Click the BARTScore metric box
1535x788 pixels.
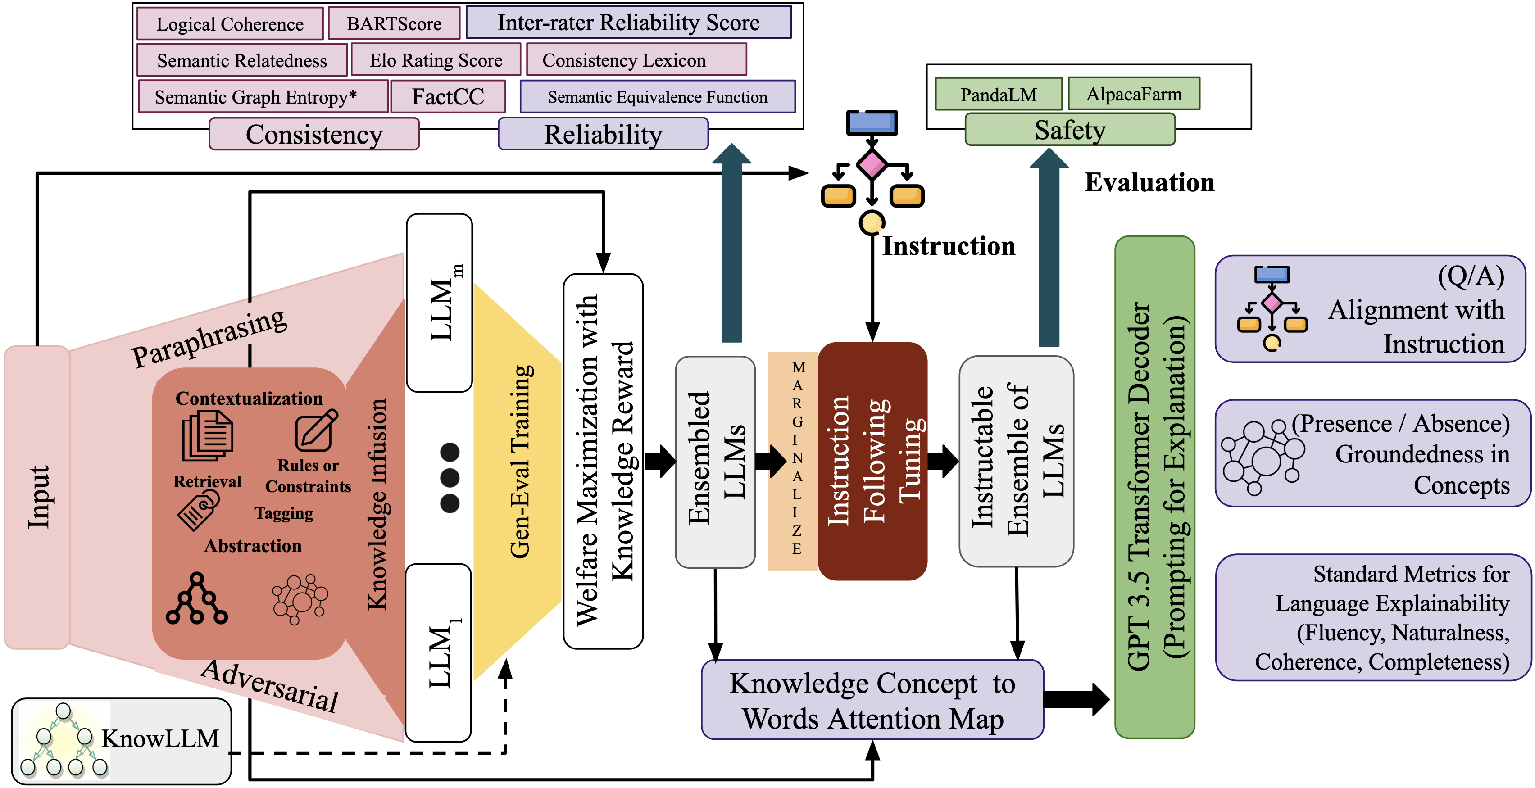pyautogui.click(x=394, y=23)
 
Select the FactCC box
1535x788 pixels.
pyautogui.click(x=448, y=96)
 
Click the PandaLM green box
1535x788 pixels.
pyautogui.click(x=998, y=94)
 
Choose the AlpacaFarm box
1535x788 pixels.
pyautogui.click(x=1133, y=94)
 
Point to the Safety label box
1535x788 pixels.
pyautogui.click(x=1070, y=130)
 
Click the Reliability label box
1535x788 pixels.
pyautogui.click(x=603, y=134)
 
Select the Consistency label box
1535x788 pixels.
pyautogui.click(x=314, y=134)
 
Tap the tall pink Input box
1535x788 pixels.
pyautogui.click(x=37, y=497)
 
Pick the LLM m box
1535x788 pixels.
pyautogui.click(x=440, y=303)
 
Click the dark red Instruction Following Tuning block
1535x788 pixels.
pyautogui.click(x=872, y=460)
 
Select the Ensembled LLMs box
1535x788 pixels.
pyautogui.click(x=715, y=462)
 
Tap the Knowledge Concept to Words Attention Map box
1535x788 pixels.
pyautogui.click(x=872, y=700)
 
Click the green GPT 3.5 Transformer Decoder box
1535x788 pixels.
pyautogui.click(x=1154, y=487)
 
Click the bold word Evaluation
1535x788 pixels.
pyautogui.click(x=1149, y=182)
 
